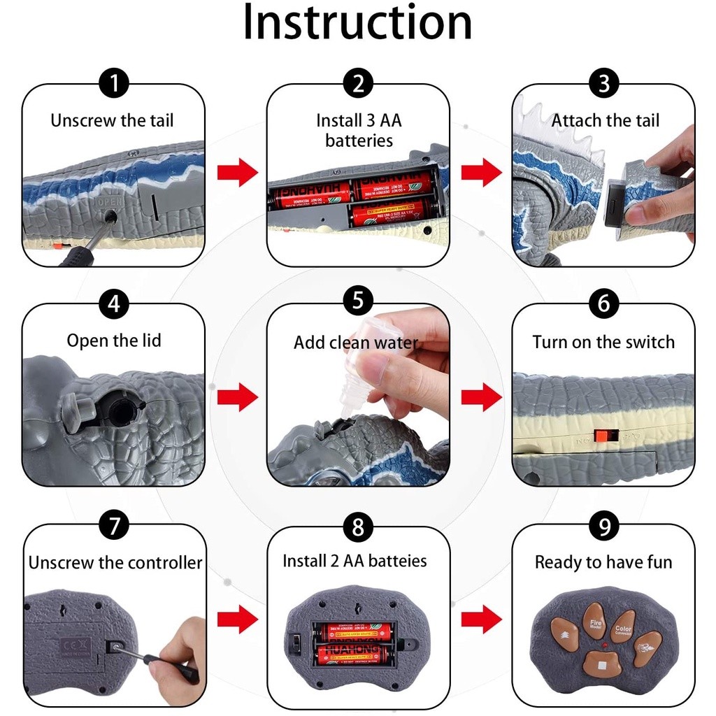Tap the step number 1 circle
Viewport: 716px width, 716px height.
[114, 83]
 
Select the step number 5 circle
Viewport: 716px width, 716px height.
[358, 302]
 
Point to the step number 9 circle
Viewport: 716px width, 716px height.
[603, 526]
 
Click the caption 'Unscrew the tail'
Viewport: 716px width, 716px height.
[112, 120]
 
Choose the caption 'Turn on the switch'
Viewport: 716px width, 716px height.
[603, 342]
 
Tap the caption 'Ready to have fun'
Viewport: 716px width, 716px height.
[603, 562]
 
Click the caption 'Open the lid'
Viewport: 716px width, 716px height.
[114, 341]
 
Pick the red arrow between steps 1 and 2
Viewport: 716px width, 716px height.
[237, 173]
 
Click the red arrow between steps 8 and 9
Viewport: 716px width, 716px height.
[482, 618]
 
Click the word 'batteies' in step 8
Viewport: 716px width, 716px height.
[398, 561]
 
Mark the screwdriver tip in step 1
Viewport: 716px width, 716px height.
[110, 218]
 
